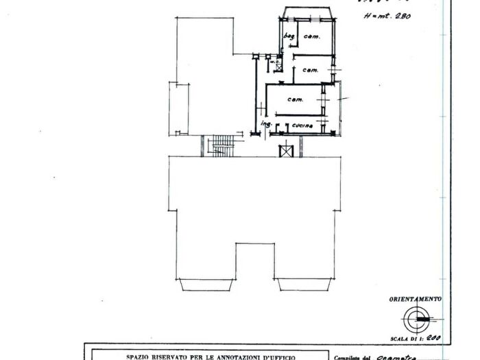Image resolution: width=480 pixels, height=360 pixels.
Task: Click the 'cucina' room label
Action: (x=302, y=126)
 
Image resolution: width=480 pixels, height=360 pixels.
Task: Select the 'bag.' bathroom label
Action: (x=289, y=36)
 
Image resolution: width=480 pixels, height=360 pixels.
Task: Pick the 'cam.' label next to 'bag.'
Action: (x=313, y=36)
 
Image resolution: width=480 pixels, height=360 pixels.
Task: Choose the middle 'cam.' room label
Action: (x=310, y=70)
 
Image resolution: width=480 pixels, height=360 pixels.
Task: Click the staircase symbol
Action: (x=221, y=145)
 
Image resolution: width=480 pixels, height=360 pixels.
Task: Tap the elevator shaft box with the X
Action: (x=285, y=149)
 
